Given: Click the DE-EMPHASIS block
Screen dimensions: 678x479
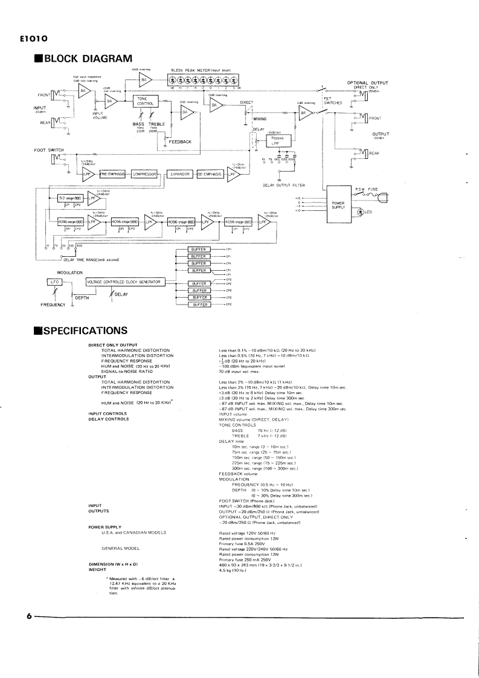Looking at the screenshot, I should (x=210, y=174).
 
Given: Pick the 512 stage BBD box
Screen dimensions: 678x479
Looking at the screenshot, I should (x=64, y=198).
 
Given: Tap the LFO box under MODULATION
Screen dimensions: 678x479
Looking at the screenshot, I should (x=51, y=282).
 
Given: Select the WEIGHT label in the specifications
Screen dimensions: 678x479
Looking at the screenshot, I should (x=98, y=568).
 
